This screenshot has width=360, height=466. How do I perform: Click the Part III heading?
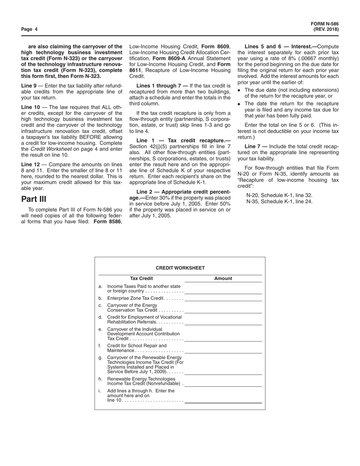click(x=34, y=199)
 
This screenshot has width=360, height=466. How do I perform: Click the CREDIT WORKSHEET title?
click(x=180, y=268)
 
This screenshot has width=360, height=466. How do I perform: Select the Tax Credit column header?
click(x=141, y=278)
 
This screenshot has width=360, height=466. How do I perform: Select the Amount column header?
click(x=223, y=278)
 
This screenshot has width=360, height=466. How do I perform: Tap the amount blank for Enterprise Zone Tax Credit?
click(x=223, y=299)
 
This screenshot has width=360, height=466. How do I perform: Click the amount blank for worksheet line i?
click(x=223, y=400)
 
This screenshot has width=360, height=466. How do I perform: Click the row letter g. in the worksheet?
click(x=100, y=357)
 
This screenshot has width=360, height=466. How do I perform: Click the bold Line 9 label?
click(x=29, y=86)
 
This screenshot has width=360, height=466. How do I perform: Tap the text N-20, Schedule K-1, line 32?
click(x=279, y=195)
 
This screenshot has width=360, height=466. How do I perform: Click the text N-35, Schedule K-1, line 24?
click(x=279, y=202)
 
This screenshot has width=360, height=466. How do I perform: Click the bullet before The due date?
click(x=239, y=90)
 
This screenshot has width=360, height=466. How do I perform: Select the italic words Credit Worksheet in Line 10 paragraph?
click(x=51, y=149)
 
